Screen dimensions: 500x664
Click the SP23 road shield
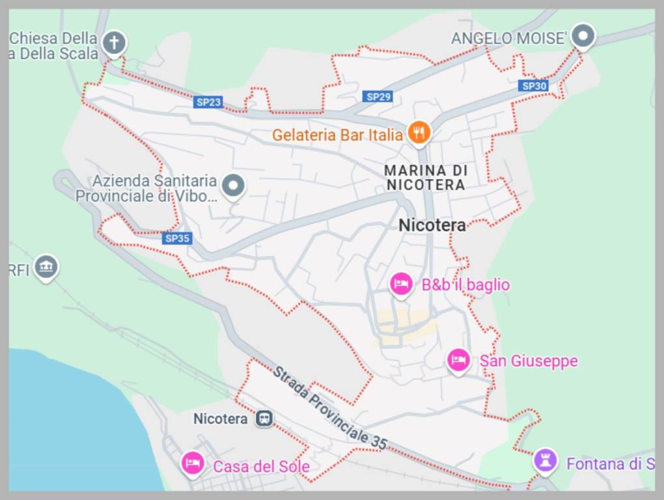208,102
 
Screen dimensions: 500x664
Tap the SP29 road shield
378,96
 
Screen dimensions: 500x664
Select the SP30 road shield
534,85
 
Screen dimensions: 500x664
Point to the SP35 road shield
177,238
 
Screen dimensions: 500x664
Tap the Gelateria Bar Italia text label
337,135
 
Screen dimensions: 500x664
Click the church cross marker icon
115,43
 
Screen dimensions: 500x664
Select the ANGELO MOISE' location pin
583,36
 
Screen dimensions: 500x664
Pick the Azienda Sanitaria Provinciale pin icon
232,186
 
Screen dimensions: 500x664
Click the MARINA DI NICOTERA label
426,178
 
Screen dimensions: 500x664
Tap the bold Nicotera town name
432,225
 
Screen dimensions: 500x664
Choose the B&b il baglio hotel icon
401,284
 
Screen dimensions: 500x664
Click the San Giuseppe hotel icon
459,360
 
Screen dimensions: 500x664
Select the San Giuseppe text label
529,361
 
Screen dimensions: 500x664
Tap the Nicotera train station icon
264,419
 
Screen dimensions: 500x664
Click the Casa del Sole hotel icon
192,464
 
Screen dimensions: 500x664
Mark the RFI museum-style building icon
46,267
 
